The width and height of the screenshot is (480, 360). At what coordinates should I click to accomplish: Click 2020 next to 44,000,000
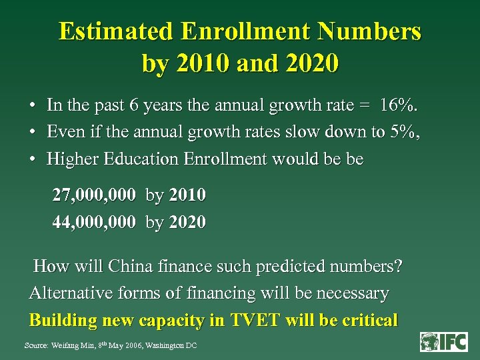pos(187,222)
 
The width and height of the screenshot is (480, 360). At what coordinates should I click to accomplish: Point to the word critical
pos(370,320)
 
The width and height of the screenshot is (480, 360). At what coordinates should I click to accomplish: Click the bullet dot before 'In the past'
pos(32,106)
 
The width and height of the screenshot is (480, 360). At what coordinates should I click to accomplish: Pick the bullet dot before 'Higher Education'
pos(32,159)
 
